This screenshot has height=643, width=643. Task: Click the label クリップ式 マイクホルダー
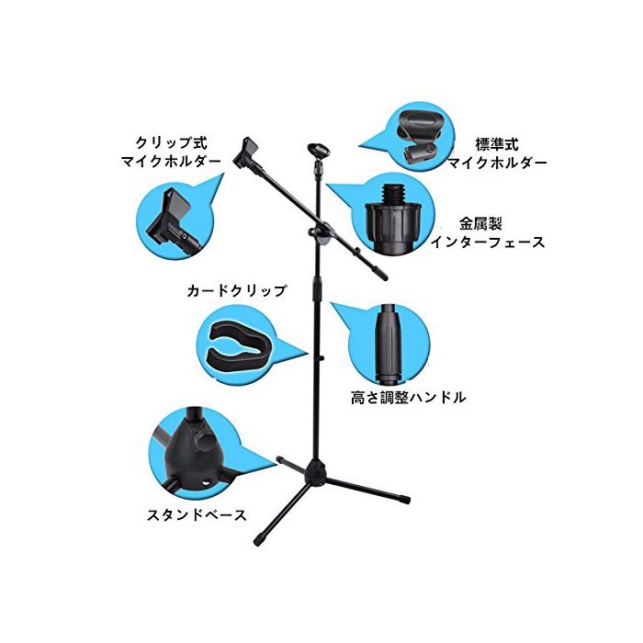tap(172, 152)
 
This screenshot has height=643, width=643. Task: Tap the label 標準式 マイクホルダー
tap(497, 153)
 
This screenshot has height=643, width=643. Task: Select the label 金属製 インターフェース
tap(487, 232)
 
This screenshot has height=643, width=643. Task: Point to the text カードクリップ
tap(237, 291)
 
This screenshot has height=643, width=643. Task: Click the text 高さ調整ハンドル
tap(409, 397)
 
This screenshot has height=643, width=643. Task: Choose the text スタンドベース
tap(197, 514)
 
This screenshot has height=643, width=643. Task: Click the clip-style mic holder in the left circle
tap(175, 221)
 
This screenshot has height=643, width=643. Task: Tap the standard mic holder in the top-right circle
tap(421, 138)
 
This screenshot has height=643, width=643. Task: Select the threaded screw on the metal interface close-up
tap(393, 194)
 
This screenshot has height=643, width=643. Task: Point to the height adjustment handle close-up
tap(389, 341)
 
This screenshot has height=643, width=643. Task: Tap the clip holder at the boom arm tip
tap(246, 153)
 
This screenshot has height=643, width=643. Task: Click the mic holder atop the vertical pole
tap(318, 154)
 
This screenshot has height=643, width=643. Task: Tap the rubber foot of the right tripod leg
tap(405, 499)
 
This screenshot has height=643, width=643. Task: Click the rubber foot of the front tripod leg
tap(259, 540)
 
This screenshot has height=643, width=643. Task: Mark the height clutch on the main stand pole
tap(316, 289)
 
